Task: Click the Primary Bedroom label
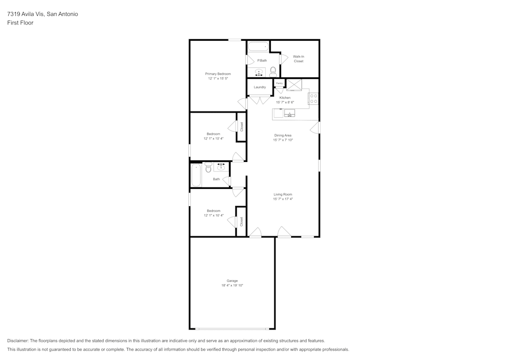(x=218, y=74)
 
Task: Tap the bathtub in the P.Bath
(x=258, y=47)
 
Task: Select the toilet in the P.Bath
(x=273, y=71)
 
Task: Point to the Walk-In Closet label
(x=298, y=59)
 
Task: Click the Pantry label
(x=279, y=83)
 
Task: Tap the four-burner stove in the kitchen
(x=314, y=98)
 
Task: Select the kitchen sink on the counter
(x=290, y=113)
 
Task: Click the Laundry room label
(x=260, y=87)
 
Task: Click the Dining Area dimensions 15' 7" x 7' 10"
(x=283, y=140)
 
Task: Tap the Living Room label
(x=283, y=194)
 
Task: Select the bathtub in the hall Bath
(x=195, y=175)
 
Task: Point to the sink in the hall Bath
(x=221, y=167)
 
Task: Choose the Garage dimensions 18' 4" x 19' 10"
(x=232, y=286)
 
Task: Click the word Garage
(x=232, y=281)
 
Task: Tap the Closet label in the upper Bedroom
(x=242, y=126)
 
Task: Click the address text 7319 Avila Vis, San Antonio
(x=43, y=14)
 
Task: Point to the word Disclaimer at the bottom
(x=18, y=341)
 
